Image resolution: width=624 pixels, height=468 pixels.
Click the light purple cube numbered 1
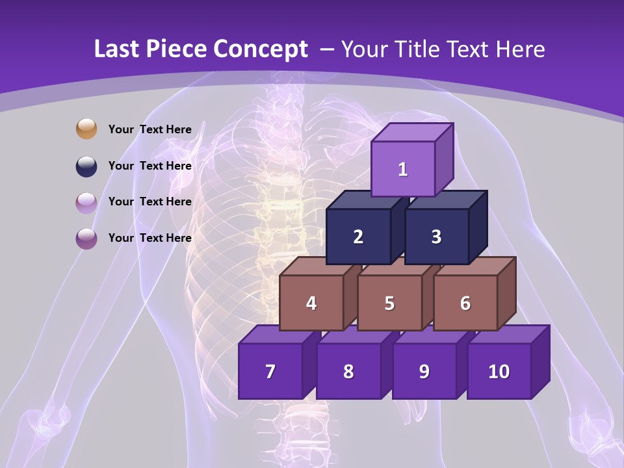pyautogui.click(x=403, y=168)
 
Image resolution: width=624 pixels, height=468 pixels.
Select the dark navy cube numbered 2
pyautogui.click(x=358, y=237)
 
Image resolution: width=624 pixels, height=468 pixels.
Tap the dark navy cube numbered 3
pyautogui.click(x=436, y=237)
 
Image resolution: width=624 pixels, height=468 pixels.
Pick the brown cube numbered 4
pyautogui.click(x=311, y=303)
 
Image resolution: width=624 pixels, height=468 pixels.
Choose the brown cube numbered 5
pyautogui.click(x=389, y=303)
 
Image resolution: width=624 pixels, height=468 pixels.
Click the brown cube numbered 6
pyautogui.click(x=465, y=303)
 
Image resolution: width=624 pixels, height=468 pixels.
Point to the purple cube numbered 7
pyautogui.click(x=270, y=371)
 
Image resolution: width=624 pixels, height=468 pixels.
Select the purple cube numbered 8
pyautogui.click(x=348, y=371)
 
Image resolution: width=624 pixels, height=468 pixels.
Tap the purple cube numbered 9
pyautogui.click(x=424, y=371)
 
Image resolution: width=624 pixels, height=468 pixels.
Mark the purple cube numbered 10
pyautogui.click(x=499, y=371)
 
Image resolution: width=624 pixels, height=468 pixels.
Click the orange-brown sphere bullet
pyautogui.click(x=86, y=129)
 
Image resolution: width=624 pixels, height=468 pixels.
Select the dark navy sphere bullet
pyautogui.click(x=86, y=166)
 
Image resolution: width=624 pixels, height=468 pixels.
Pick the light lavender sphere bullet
pyautogui.click(x=86, y=202)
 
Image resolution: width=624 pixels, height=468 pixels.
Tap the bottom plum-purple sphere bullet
pyautogui.click(x=86, y=238)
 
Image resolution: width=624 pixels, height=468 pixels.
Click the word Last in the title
pyautogui.click(x=118, y=49)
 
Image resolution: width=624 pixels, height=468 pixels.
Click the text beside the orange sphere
pyautogui.click(x=149, y=129)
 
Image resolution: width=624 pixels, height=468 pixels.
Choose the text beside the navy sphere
pyautogui.click(x=149, y=166)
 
